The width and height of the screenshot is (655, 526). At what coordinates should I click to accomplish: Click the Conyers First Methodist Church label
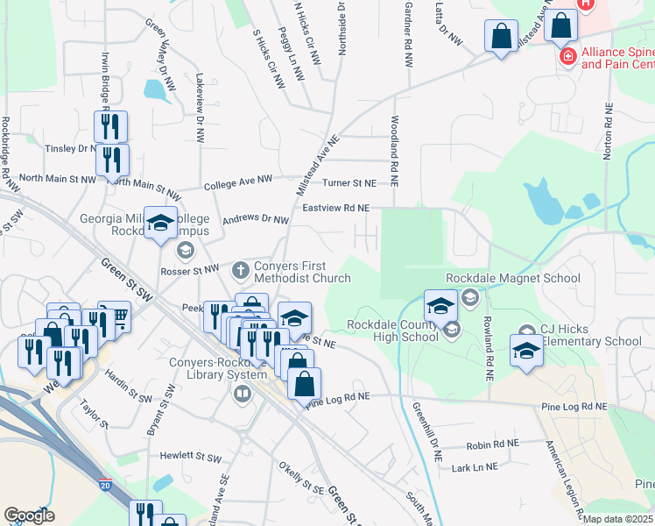click(302, 273)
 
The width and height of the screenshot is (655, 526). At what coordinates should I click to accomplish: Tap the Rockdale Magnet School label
click(512, 279)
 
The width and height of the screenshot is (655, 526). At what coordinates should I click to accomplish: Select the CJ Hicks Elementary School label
click(590, 336)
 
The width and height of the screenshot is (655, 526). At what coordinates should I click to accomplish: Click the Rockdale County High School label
click(392, 331)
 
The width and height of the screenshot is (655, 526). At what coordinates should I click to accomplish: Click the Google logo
click(30, 515)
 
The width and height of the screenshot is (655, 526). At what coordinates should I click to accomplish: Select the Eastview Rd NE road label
click(335, 208)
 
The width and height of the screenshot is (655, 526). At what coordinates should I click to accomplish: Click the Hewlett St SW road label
click(191, 456)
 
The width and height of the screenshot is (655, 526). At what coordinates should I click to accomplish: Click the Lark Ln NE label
click(474, 468)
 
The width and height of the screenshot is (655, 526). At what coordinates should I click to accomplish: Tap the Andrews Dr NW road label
click(256, 220)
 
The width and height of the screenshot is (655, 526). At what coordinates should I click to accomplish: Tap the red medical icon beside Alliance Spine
click(567, 58)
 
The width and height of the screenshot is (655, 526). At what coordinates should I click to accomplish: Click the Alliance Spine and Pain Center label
click(617, 58)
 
